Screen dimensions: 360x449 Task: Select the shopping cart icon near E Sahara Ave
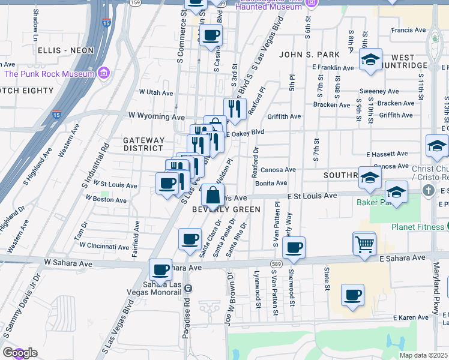coord(364,244)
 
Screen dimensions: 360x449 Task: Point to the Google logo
coord(20,353)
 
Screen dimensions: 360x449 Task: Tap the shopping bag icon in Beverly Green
coord(213,195)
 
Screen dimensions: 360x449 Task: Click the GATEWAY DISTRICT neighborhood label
coord(143,144)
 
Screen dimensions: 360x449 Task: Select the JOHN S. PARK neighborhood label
coord(304,55)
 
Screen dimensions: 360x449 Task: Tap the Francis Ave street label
coord(408,30)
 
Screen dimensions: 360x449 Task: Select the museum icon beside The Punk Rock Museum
coord(104,73)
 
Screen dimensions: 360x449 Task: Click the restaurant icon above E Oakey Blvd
coord(235,109)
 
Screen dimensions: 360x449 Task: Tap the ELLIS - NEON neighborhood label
coord(65,50)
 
